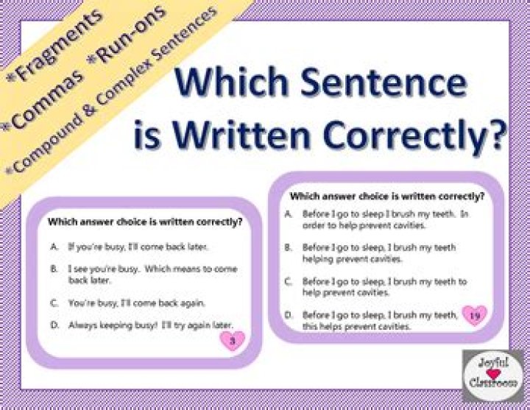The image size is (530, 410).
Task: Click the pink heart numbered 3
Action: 233,340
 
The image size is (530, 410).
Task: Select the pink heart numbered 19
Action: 475,315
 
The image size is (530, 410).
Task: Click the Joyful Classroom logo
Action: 493,376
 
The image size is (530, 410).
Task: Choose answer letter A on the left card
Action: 54,247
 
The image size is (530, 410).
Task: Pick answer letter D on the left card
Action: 54,325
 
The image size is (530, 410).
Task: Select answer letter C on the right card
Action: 289,281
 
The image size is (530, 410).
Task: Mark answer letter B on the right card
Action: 289,247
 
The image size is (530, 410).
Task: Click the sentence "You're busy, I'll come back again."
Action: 137,303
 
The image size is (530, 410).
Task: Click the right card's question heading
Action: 387,196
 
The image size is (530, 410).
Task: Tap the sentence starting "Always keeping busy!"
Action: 151,325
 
